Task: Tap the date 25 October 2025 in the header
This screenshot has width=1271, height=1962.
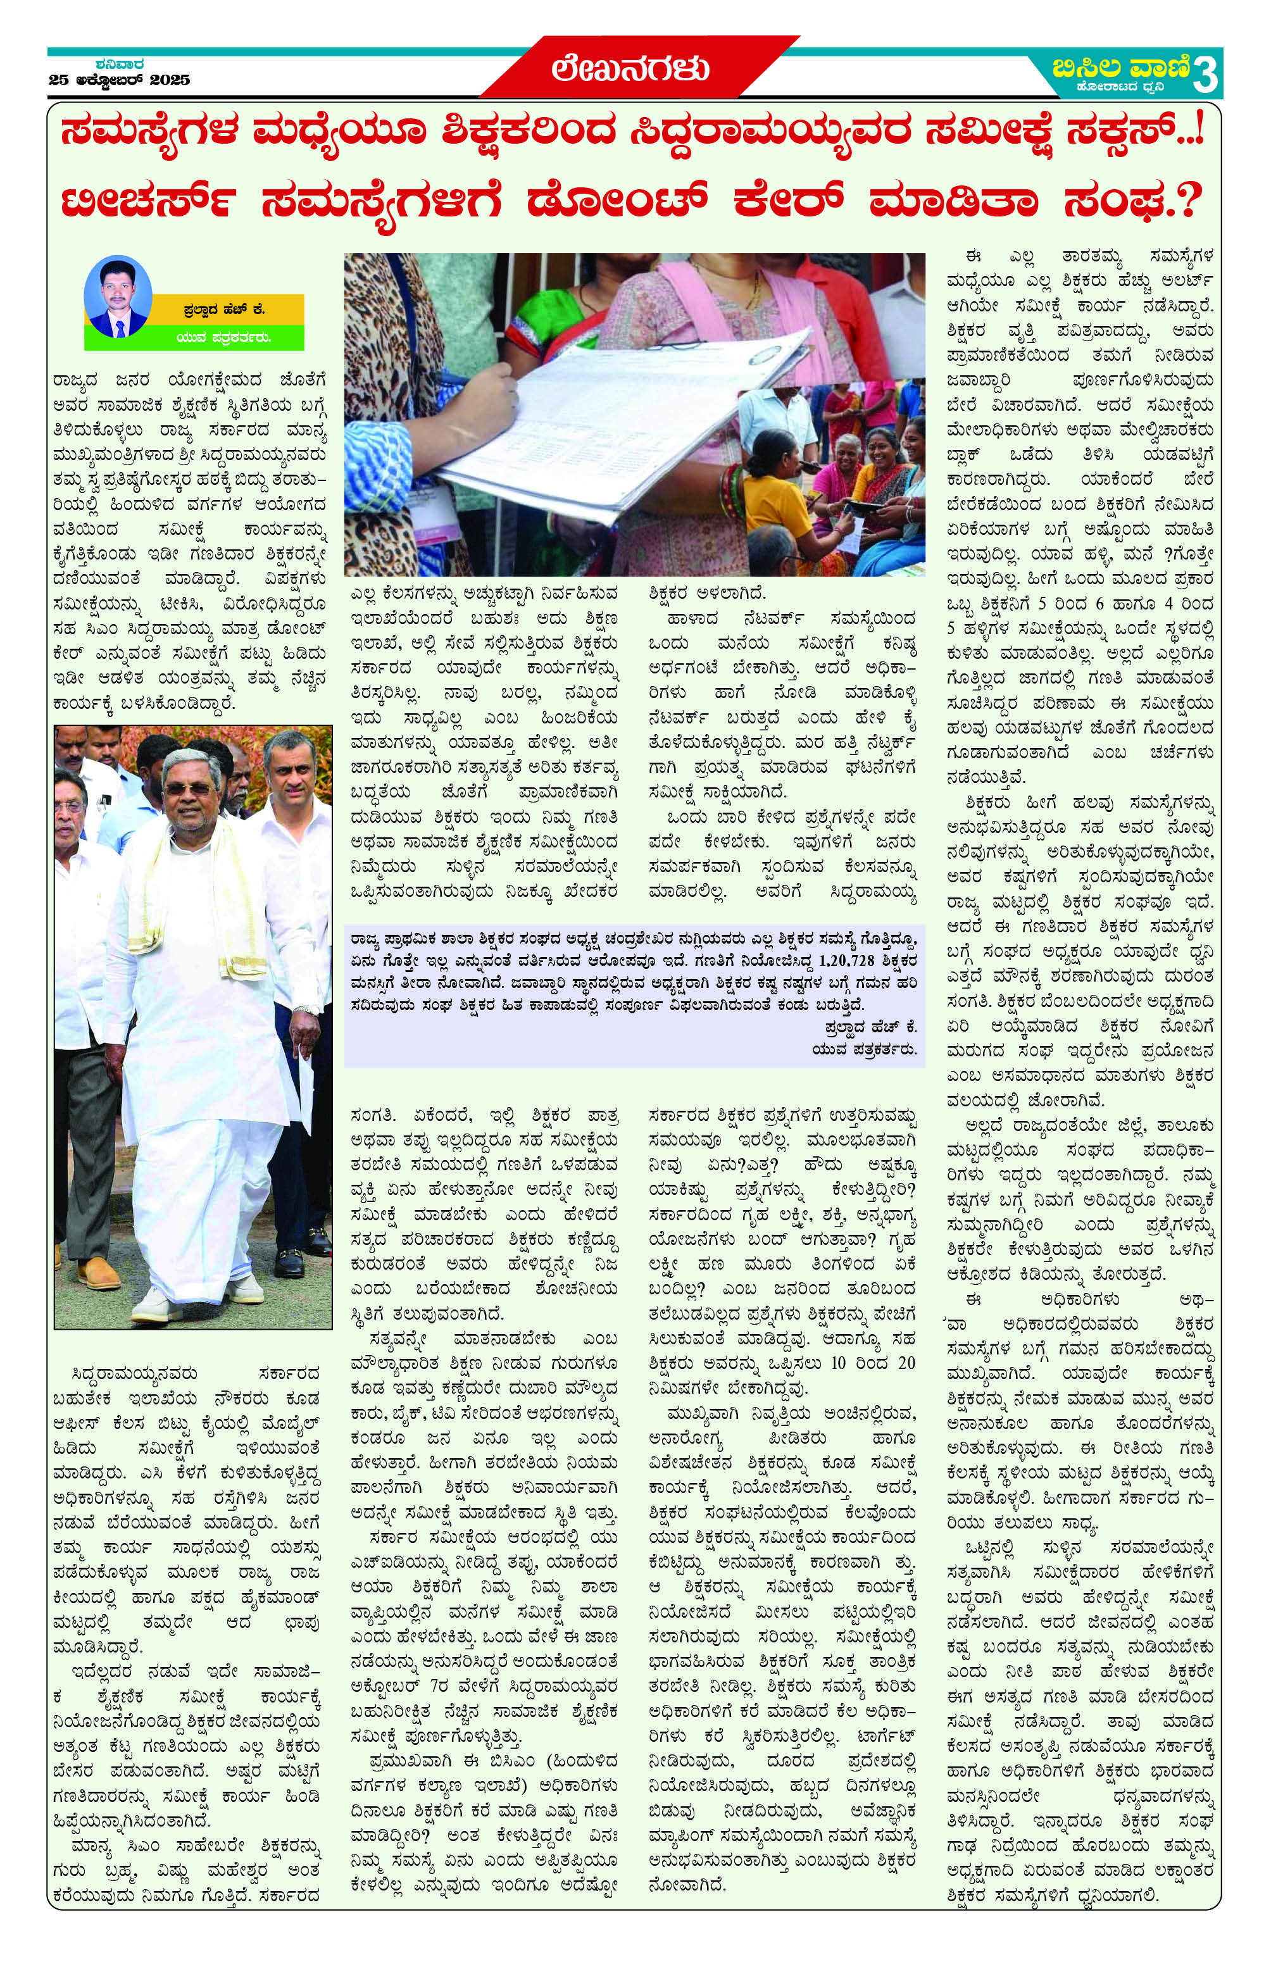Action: coord(120,80)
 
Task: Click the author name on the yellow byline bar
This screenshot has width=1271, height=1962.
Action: coord(225,309)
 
